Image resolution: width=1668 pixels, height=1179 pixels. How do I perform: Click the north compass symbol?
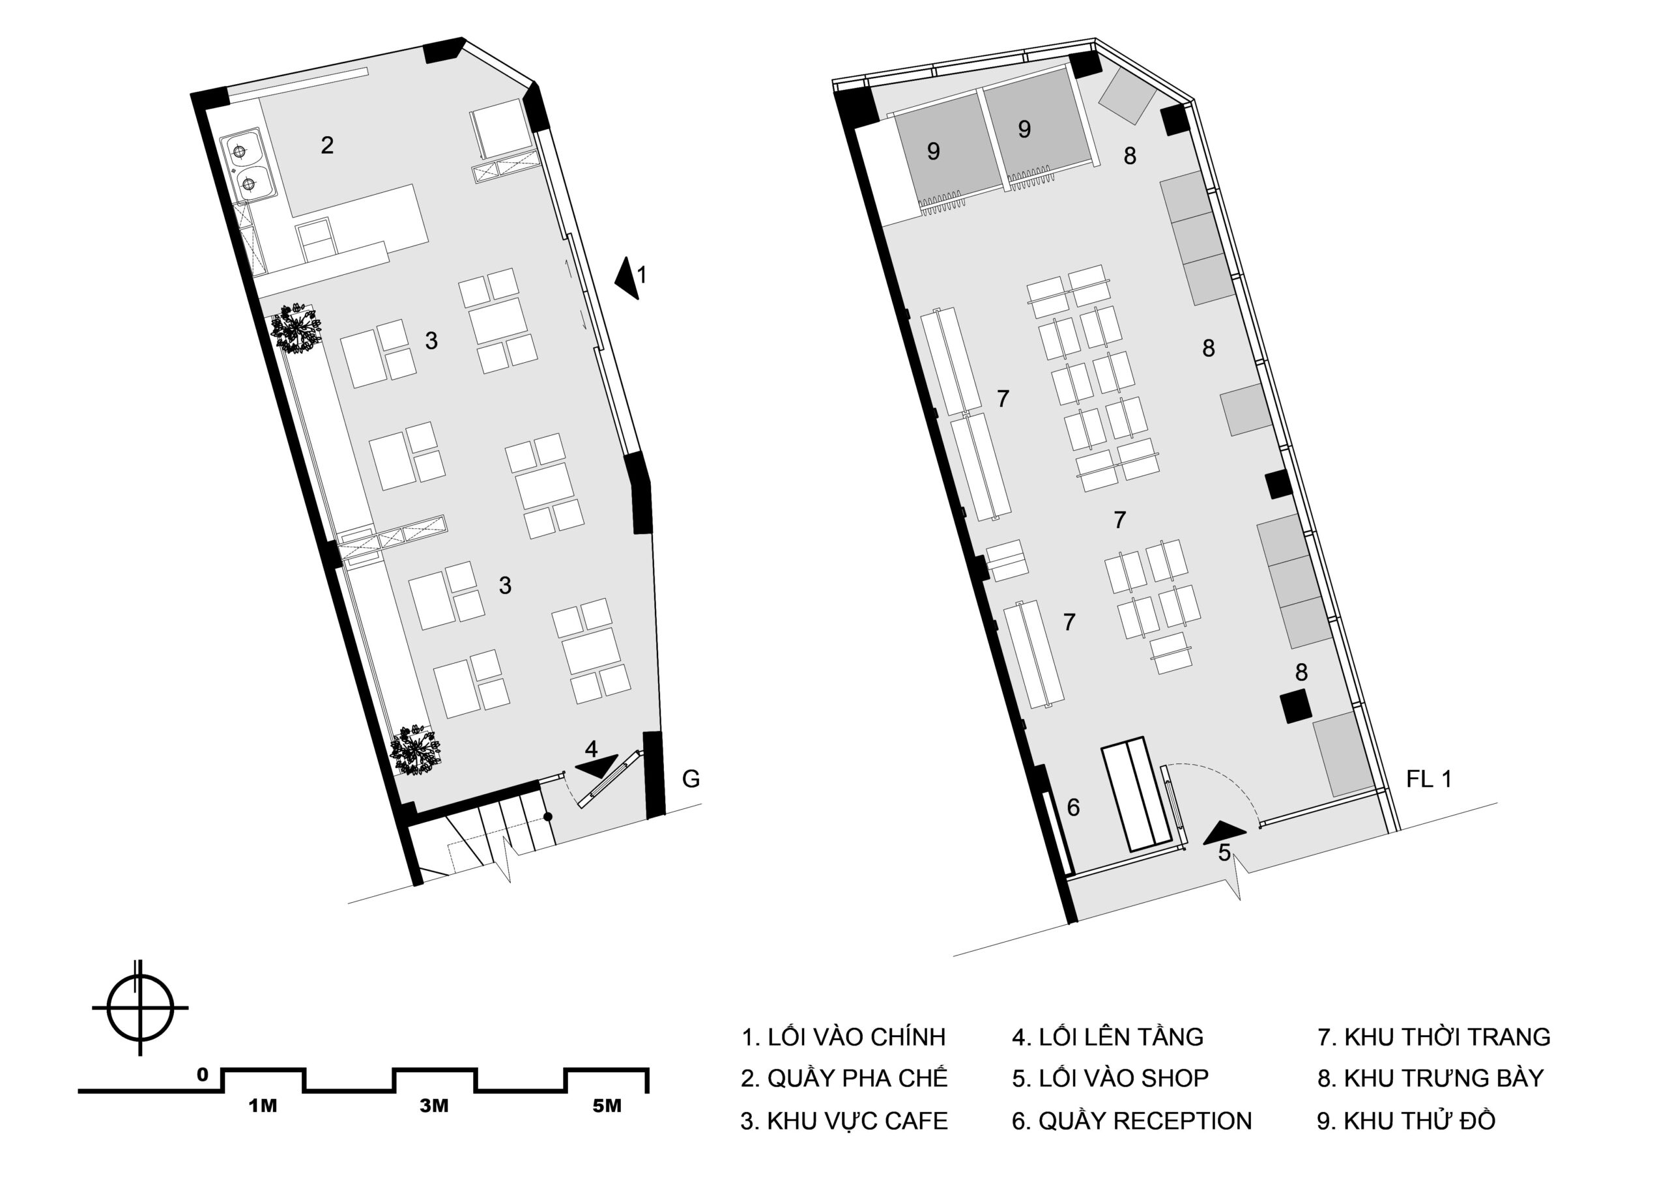140,1008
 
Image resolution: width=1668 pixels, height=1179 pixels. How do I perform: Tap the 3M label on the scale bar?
434,1106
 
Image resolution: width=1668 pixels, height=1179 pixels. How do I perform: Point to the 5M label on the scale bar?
607,1106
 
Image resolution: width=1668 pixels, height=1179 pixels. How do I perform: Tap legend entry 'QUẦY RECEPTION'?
1132,1121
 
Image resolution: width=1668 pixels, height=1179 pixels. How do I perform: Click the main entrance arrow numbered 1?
627,277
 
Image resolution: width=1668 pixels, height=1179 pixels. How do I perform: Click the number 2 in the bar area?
327,145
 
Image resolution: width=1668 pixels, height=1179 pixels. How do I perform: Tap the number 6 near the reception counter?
1073,807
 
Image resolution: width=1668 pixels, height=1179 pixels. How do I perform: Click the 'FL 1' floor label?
1429,779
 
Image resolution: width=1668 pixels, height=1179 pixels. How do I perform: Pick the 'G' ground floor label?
691,779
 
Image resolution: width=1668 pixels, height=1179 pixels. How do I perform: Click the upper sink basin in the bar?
241,150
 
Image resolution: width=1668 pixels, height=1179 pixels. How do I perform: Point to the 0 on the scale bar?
203,1074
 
